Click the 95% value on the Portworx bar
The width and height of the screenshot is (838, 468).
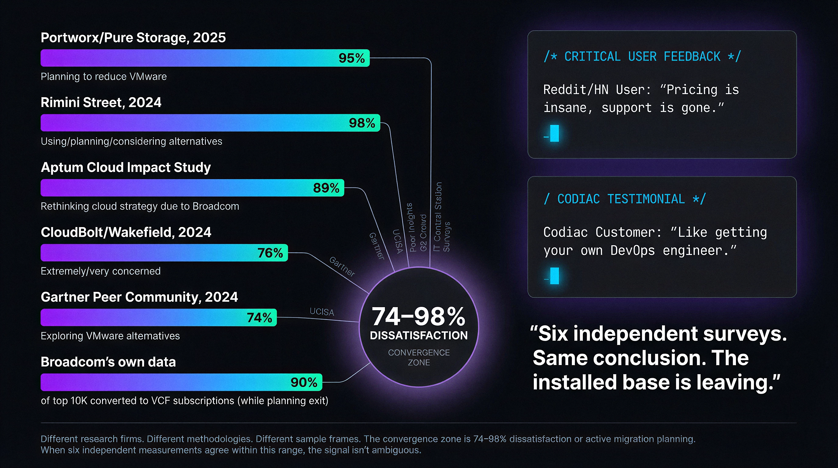[x=351, y=58]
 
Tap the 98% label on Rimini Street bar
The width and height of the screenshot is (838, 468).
[x=362, y=123]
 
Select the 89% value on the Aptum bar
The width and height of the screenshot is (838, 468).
[x=326, y=188]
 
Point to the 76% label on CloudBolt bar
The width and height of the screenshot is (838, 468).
[x=270, y=253]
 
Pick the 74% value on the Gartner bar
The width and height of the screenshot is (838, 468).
[x=259, y=318]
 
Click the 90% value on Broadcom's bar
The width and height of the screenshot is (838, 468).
[x=304, y=382]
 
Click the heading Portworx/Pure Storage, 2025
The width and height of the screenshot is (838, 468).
[x=133, y=38]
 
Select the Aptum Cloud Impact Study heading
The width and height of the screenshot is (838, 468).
[x=125, y=167]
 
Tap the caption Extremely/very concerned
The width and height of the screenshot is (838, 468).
[x=100, y=271]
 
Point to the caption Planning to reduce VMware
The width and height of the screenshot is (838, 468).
[x=104, y=76]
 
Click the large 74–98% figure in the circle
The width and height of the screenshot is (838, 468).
[x=418, y=316]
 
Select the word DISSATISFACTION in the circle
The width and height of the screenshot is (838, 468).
[x=419, y=335]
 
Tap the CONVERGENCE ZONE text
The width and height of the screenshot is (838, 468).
[x=419, y=357]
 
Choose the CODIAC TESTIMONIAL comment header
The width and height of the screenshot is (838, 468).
[x=624, y=199]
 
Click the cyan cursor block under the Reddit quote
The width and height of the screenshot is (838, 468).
[x=554, y=133]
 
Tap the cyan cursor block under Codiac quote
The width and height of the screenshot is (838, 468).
[x=554, y=276]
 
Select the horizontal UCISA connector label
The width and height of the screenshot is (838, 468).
[x=322, y=312]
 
